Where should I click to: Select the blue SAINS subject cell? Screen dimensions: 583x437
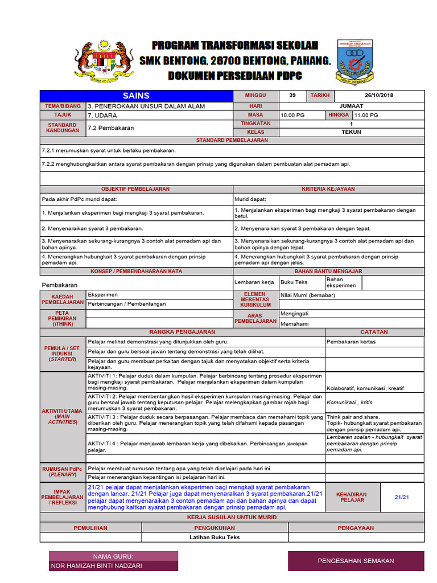tap(136, 96)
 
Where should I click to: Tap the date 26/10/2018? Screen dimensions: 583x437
tap(379, 96)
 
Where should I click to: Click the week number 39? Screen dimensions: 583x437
tap(292, 96)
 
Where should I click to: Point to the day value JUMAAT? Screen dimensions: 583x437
tap(351, 106)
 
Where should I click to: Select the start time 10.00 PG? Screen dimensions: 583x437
tap(292, 115)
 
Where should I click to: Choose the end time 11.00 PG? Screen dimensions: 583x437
tap(366, 115)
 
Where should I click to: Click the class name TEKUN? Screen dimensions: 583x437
tap(351, 132)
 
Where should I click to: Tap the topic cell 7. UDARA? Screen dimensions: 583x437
tap(102, 115)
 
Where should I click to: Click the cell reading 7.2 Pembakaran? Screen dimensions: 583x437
tap(110, 128)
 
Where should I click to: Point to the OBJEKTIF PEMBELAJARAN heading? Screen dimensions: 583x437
tap(135, 189)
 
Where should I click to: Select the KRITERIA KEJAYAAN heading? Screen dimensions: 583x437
tap(328, 189)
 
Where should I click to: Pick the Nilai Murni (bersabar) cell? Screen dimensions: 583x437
tap(308, 295)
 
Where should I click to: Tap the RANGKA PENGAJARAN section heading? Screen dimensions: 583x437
tap(182, 332)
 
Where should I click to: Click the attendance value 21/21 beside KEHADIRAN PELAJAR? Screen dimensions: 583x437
tap(402, 498)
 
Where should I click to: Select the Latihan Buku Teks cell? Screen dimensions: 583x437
tap(215, 537)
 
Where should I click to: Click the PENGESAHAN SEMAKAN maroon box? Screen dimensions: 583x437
tap(356, 561)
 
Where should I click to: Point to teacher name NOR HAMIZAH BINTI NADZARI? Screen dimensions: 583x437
tap(97, 565)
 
